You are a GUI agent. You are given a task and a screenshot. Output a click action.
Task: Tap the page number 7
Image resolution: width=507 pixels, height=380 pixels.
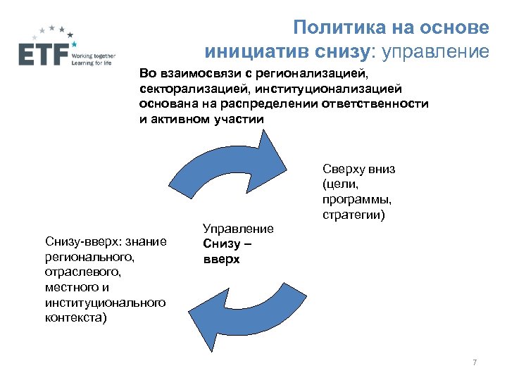(475, 362)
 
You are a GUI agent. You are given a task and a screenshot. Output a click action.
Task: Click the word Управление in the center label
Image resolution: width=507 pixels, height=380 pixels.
(237, 228)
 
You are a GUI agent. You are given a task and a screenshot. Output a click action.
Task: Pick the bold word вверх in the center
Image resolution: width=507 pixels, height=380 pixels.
(221, 259)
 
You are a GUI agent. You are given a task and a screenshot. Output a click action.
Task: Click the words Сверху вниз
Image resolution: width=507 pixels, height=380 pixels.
(359, 169)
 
